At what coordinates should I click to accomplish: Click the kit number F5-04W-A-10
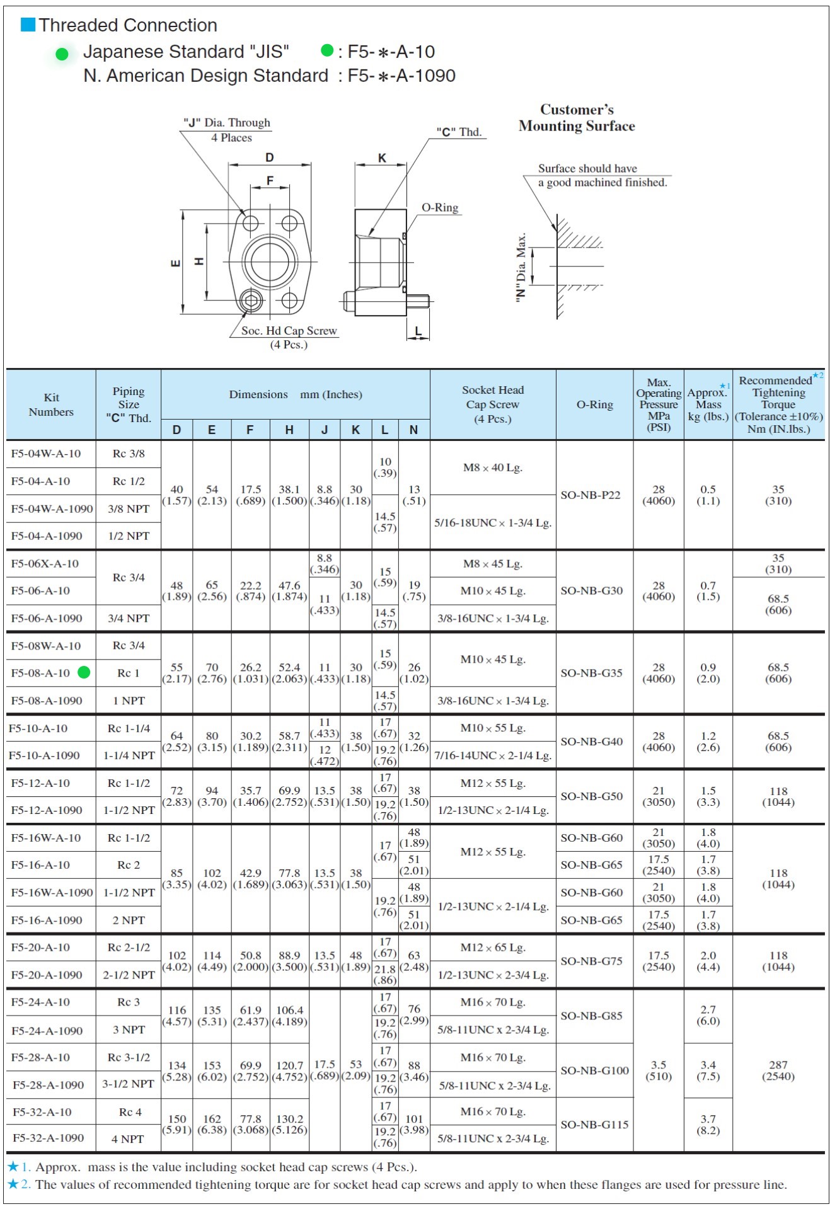pyautogui.click(x=46, y=454)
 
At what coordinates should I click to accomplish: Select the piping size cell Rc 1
pyautogui.click(x=129, y=673)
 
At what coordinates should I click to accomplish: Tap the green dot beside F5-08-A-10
pyautogui.click(x=84, y=673)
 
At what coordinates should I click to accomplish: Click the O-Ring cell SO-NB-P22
pyautogui.click(x=591, y=495)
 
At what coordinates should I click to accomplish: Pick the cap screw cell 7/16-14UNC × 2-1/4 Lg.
pyautogui.click(x=493, y=755)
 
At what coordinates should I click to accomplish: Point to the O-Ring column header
pyautogui.click(x=594, y=404)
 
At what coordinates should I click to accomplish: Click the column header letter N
pyautogui.click(x=413, y=430)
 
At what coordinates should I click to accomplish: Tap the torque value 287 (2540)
pyautogui.click(x=778, y=1070)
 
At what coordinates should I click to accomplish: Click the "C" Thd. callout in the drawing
pyautogui.click(x=459, y=132)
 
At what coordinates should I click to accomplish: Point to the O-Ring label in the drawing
pyautogui.click(x=440, y=208)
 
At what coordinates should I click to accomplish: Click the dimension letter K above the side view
pyautogui.click(x=382, y=158)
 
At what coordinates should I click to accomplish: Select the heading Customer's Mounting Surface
pyautogui.click(x=577, y=118)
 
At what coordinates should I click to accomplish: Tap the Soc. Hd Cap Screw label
pyautogui.click(x=289, y=331)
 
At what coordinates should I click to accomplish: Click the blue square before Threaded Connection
pyautogui.click(x=28, y=25)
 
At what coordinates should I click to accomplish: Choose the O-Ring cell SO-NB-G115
pyautogui.click(x=594, y=1125)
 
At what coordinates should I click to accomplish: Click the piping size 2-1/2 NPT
pyautogui.click(x=129, y=975)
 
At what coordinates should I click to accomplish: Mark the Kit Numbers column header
pyautogui.click(x=51, y=404)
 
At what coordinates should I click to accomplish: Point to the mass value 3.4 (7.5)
pyautogui.click(x=708, y=1070)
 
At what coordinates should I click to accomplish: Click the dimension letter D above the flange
pyautogui.click(x=269, y=158)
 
